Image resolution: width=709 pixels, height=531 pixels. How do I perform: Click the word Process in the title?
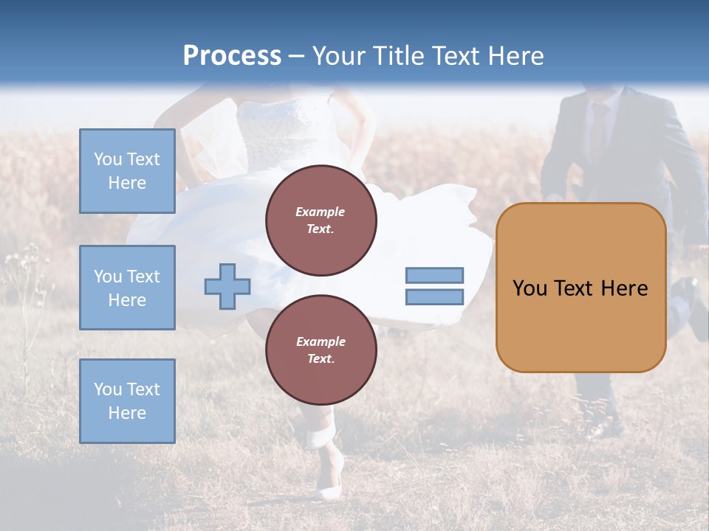[x=232, y=56]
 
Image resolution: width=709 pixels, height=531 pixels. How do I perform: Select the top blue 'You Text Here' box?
[x=127, y=171]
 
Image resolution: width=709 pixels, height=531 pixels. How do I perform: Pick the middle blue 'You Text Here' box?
[x=127, y=288]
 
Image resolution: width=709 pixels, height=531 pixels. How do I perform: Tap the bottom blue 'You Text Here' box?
[x=127, y=401]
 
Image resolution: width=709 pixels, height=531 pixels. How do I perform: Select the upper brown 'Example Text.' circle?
[x=321, y=221]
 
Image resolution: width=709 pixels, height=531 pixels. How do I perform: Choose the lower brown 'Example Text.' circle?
[x=321, y=350]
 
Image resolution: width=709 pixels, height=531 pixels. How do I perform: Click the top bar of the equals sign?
[x=435, y=275]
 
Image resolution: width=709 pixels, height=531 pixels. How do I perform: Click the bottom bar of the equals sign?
[x=435, y=297]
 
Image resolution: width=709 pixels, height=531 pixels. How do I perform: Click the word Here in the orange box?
[x=624, y=288]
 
